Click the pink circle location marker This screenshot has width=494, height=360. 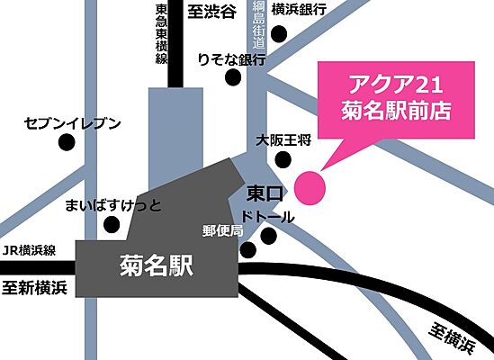tap(310, 186)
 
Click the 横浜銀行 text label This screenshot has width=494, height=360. tap(310, 12)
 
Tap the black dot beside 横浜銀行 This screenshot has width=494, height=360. tap(279, 34)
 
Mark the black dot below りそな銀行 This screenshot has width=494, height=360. tap(234, 78)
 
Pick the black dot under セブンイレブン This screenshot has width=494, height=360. tap(66, 142)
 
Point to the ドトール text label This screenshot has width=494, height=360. tap(268, 217)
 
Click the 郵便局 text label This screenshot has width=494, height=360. tap(223, 230)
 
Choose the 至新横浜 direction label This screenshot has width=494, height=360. tap(35, 288)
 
